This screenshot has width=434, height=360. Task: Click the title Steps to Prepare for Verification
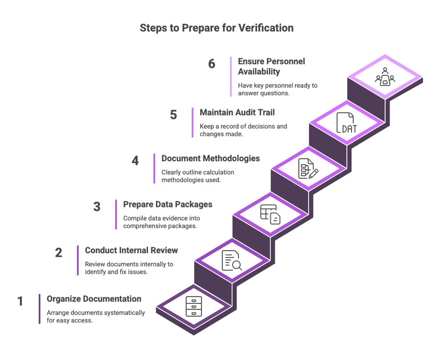[216, 28]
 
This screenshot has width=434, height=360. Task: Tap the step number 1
[20, 301]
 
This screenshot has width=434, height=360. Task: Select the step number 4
[135, 160]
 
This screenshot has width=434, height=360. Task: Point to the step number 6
[211, 64]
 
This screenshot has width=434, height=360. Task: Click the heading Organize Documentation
[94, 299]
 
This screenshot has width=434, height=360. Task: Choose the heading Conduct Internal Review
[131, 250]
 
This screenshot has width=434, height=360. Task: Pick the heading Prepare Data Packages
[168, 205]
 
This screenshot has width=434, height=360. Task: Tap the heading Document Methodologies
[211, 158]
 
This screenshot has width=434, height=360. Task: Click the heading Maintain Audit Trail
[237, 112]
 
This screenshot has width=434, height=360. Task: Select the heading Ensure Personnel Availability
[272, 66]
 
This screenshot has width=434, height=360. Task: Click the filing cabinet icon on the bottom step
[194, 307]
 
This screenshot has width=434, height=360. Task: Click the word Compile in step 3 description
[135, 218]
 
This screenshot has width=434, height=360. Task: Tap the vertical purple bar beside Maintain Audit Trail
[192, 122]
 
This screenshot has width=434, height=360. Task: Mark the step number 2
[59, 253]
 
